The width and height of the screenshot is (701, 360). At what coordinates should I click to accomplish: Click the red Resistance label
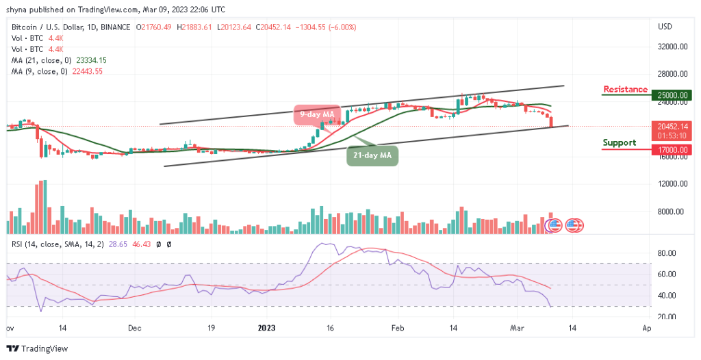pyautogui.click(x=624, y=90)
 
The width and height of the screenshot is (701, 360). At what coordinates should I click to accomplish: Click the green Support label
pyautogui.click(x=619, y=143)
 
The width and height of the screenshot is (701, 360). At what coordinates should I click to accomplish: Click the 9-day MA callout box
pyautogui.click(x=317, y=114)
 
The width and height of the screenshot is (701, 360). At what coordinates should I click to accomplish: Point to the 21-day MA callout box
pyautogui.click(x=372, y=155)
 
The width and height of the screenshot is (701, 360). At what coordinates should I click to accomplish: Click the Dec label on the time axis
pyautogui.click(x=134, y=328)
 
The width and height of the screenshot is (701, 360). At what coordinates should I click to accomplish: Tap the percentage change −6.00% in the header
pyautogui.click(x=341, y=27)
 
